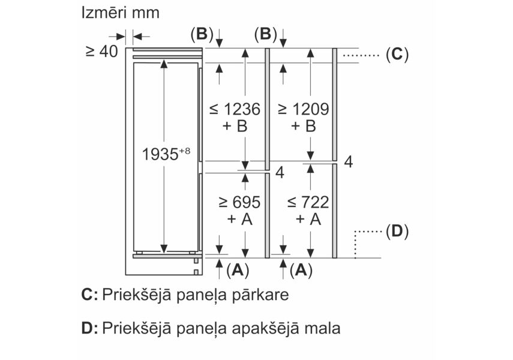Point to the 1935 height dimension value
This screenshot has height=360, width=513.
coord(160,155)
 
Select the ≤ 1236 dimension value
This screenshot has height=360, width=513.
coord(235,109)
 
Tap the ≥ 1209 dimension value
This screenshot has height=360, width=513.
coord(303,109)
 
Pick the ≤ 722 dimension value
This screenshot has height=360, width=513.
coord(303,202)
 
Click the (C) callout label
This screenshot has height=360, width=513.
coord(396,55)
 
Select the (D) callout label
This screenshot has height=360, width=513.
coord(396,230)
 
